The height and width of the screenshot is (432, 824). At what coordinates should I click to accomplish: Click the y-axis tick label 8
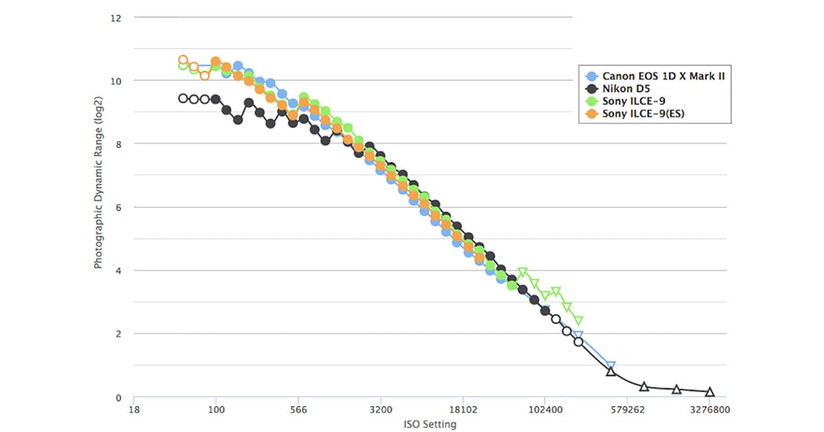118,144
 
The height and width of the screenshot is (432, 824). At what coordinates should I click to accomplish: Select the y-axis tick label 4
118,271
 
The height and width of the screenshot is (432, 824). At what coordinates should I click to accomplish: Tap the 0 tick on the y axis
118,398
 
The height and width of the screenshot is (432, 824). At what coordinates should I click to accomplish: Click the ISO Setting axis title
430,424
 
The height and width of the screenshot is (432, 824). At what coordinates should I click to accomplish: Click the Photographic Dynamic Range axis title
99,206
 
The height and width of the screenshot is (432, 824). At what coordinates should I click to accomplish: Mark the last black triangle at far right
709,392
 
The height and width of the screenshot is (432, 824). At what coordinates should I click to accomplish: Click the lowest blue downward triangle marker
611,366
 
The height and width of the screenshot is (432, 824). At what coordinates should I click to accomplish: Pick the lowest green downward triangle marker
578,320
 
